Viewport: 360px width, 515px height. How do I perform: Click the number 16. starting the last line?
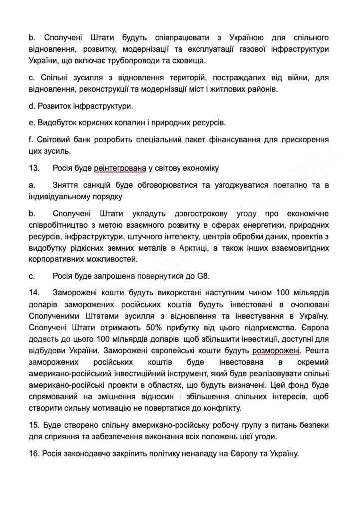point(34,454)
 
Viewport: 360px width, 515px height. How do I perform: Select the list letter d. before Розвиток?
point(32,106)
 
